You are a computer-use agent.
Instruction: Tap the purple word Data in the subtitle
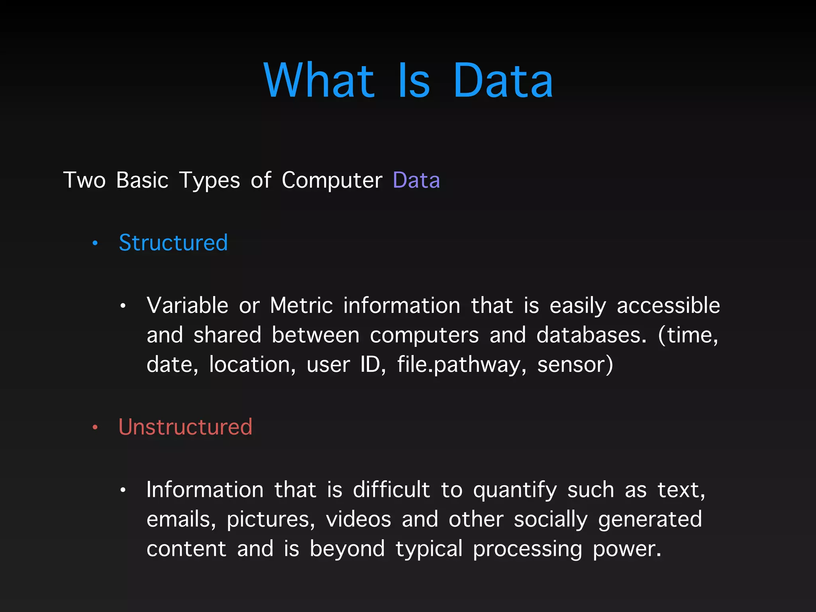pos(416,180)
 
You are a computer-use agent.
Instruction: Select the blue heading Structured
pos(173,243)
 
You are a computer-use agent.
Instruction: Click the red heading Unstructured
pos(185,427)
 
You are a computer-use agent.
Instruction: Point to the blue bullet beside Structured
pos(95,243)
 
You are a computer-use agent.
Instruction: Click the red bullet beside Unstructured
pos(95,428)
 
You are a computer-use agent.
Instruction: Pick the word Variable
pos(187,306)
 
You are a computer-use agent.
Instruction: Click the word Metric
pos(301,306)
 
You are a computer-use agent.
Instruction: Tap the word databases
pos(591,335)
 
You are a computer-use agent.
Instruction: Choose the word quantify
pos(515,490)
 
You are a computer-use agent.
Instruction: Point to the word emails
pos(181,520)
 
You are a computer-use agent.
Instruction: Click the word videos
pos(359,520)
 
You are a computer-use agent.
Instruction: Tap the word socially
pos(551,520)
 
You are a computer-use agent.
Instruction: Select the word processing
pos(528,549)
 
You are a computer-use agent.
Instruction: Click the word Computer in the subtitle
pos(332,180)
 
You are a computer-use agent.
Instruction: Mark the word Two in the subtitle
pos(84,180)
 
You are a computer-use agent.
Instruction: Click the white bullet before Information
pos(123,490)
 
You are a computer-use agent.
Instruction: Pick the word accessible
pos(668,306)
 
